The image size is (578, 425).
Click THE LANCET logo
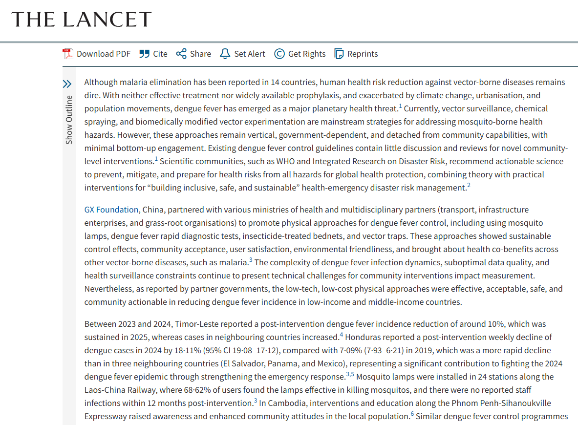tap(82, 20)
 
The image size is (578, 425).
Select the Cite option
tap(153, 54)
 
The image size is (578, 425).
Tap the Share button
tap(194, 54)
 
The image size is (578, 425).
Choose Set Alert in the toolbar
tap(243, 54)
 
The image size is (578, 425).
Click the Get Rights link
tap(300, 54)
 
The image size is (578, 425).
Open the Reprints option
tap(356, 54)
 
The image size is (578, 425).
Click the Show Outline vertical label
tap(69, 120)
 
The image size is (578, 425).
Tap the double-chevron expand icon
tap(67, 84)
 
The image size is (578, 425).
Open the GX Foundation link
tap(111, 210)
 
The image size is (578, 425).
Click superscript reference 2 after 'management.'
tap(469, 185)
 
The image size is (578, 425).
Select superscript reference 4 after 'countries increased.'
tap(342, 335)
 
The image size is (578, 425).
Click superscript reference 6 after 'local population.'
tap(412, 414)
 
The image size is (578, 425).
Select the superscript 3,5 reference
tap(350, 374)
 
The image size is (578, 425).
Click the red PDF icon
tap(67, 54)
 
